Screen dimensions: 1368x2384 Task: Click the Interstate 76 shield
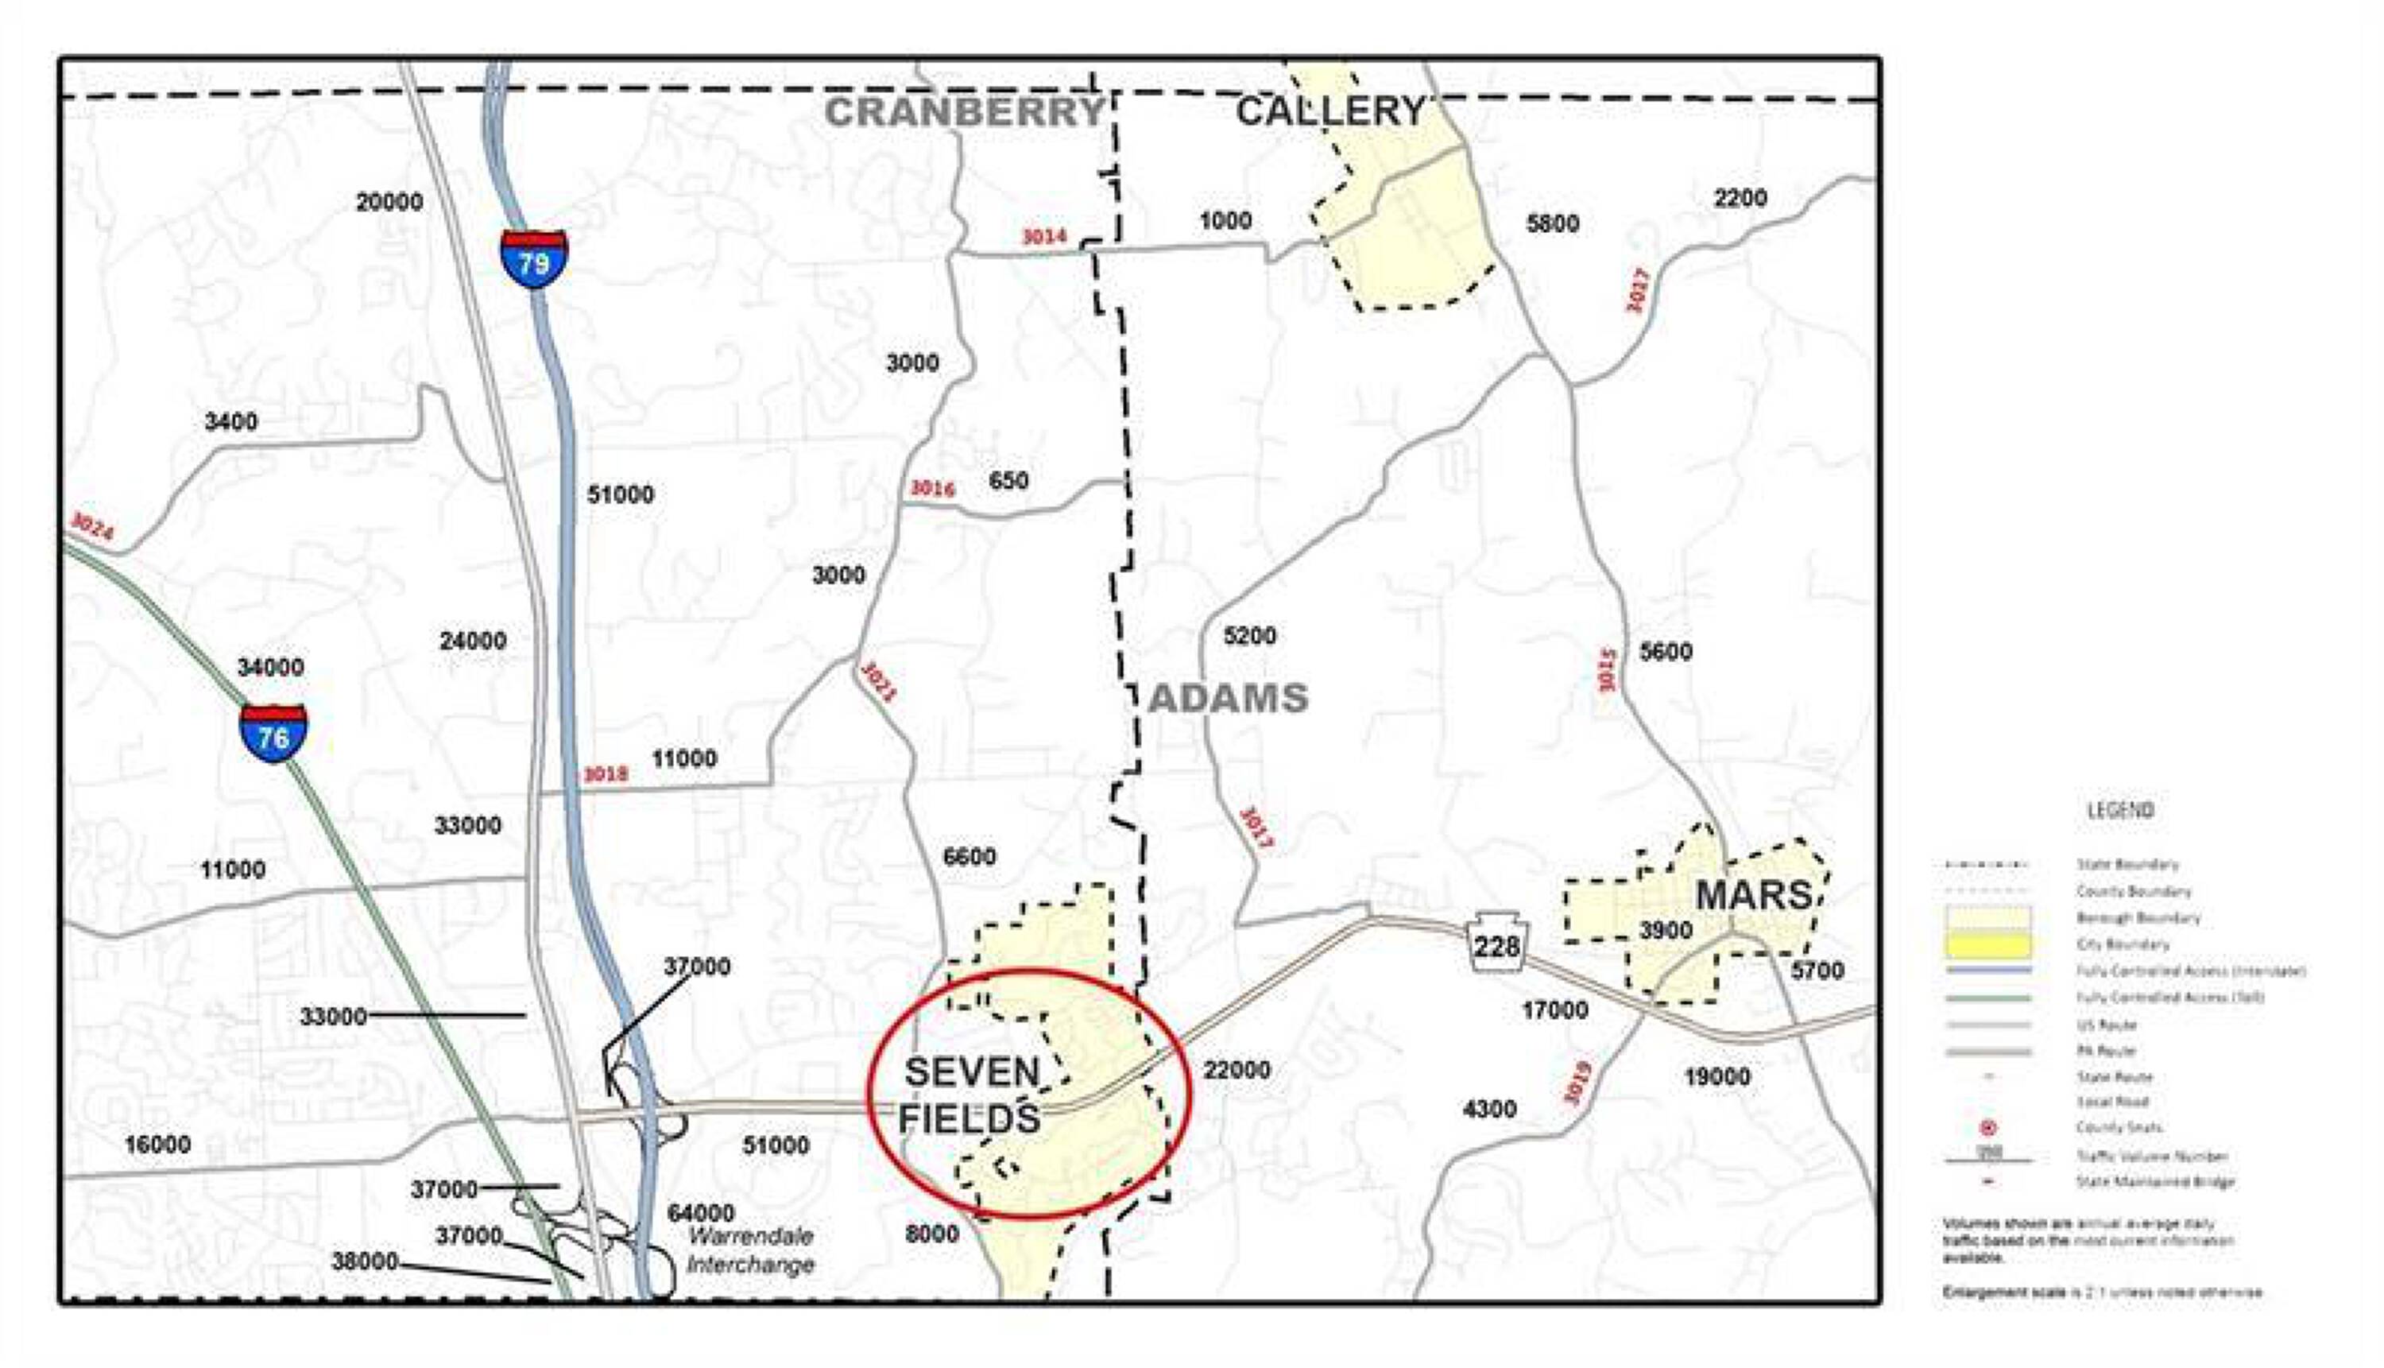[x=273, y=733]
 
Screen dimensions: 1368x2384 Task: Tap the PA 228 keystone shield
[x=1496, y=943]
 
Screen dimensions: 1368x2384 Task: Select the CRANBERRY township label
[x=964, y=112]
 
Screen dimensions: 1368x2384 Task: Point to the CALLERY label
[x=1330, y=112]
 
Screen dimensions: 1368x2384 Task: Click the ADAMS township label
[x=1228, y=698]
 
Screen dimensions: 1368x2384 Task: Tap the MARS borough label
[x=1753, y=895]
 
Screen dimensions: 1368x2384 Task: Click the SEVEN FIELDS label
[x=970, y=1095]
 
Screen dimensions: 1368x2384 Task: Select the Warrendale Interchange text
[x=749, y=1250]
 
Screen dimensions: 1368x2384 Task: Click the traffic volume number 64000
[x=701, y=1213]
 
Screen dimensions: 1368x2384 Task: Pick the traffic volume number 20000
[x=389, y=202]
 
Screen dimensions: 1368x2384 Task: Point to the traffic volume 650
[x=1009, y=481]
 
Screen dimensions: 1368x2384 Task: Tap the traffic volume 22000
[x=1237, y=1070]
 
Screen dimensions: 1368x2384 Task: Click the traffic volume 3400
[x=231, y=422]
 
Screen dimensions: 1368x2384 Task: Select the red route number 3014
[x=1043, y=237]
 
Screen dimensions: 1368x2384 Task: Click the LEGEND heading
[x=2120, y=810]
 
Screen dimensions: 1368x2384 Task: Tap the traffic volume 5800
[x=1552, y=223]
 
